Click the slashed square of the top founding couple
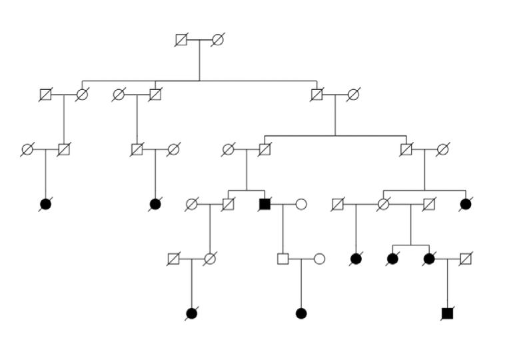(181, 40)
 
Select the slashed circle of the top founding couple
(217, 40)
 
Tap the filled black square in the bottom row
(447, 313)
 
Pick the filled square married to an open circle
(264, 204)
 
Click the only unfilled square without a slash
(282, 259)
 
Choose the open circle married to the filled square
(301, 204)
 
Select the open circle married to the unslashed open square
(319, 259)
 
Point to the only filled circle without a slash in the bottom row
(301, 313)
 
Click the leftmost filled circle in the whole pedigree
(45, 204)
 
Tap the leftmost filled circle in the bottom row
(192, 313)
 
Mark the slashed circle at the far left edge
(27, 149)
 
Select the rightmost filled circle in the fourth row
(466, 204)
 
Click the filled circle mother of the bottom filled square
(429, 259)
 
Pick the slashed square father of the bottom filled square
(466, 259)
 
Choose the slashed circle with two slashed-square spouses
(383, 204)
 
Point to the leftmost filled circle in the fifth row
(356, 259)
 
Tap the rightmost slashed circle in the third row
(442, 149)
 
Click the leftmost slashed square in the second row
(45, 95)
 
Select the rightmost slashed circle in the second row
(353, 95)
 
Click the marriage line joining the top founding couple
(199, 40)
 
